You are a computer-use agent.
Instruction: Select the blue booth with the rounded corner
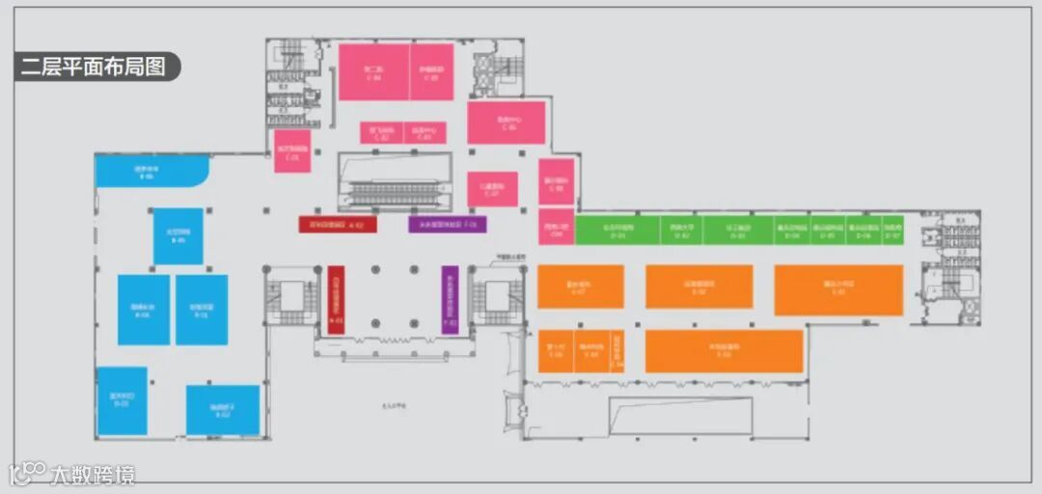coord(151,172)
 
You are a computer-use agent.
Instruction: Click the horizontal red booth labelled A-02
coord(337,224)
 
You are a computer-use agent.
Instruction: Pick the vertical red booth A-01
coord(336,300)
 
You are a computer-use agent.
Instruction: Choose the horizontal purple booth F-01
coord(447,224)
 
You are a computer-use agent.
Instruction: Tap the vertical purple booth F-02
coord(450,300)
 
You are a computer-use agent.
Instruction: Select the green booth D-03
coord(737,231)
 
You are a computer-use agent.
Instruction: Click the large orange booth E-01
coord(838,289)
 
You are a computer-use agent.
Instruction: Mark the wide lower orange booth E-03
coord(724,351)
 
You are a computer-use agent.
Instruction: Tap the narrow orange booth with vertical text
coord(618,351)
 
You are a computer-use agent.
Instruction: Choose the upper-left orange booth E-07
coord(580,287)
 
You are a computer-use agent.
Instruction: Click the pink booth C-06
coord(507,123)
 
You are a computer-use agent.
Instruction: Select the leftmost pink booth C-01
coord(291,152)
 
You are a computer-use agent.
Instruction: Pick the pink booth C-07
coord(492,189)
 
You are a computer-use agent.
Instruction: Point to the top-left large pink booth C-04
coord(372,71)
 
